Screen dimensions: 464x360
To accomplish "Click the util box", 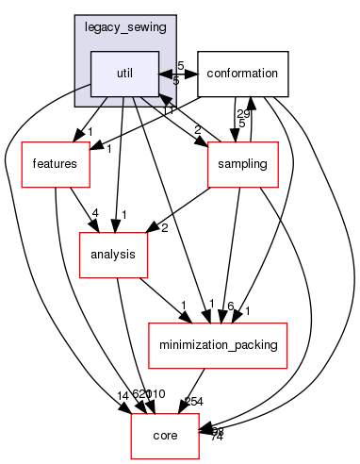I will (123, 73).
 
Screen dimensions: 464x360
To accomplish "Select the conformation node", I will (242, 73).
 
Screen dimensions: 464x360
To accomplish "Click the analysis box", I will (112, 255).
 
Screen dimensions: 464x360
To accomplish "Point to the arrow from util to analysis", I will (118, 170).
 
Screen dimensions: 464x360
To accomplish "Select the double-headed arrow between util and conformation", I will (177, 73).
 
